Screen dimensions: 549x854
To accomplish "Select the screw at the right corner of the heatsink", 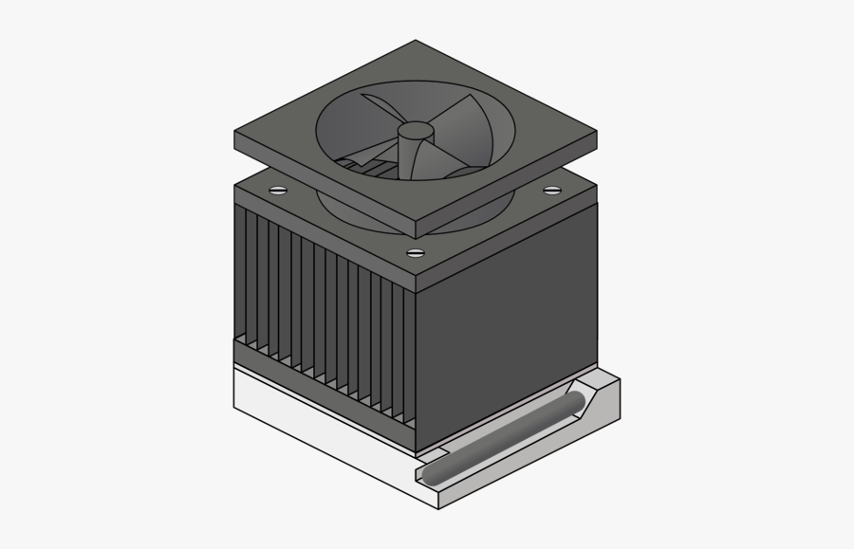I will click(x=551, y=192).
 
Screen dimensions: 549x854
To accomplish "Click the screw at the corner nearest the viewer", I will click(x=415, y=253).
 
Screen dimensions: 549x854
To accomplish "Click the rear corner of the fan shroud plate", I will click(x=416, y=42).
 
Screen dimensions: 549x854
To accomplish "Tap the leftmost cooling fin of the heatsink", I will click(x=240, y=275).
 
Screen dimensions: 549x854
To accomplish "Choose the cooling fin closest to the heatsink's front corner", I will click(x=405, y=370).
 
